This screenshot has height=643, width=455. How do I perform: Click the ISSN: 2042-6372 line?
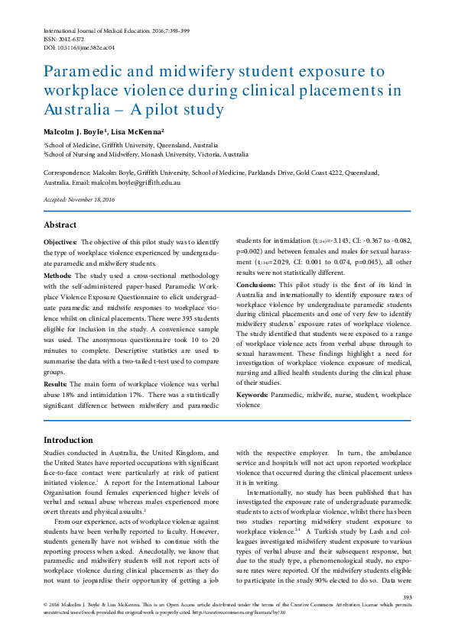tap(64, 37)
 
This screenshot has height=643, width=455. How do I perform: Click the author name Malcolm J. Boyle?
tap(73, 131)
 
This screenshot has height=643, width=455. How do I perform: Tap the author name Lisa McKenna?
tap(137, 131)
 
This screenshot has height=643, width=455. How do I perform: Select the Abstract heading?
tap(60, 225)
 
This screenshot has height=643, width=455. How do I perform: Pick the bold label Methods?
tap(57, 275)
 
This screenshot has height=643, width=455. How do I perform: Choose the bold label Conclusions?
tap(256, 284)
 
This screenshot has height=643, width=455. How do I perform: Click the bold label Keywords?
tap(252, 395)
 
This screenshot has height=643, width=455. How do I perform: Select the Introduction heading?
tap(68, 441)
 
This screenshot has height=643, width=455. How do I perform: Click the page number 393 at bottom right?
tap(407, 597)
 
